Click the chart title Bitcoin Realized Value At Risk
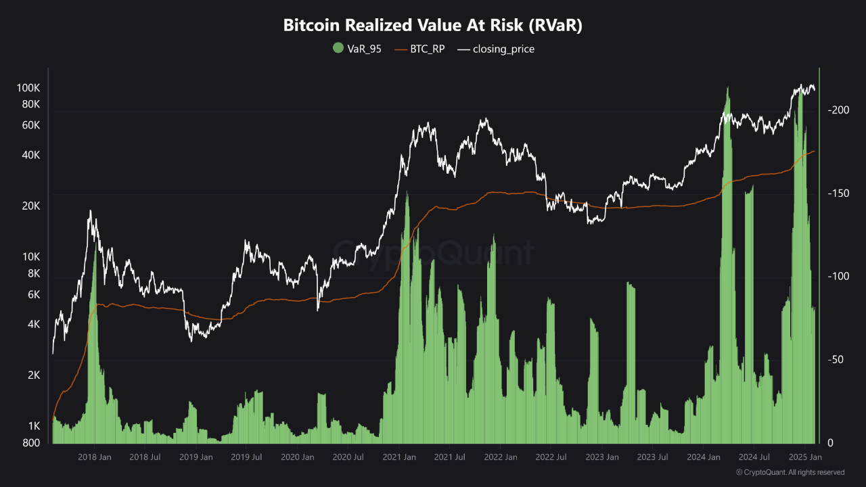coord(433,26)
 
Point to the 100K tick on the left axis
coord(29,88)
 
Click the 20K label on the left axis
coord(32,206)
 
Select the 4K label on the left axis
coord(34,325)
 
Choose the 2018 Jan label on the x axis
coord(95,458)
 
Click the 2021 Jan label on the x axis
coord(399,458)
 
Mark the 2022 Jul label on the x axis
coord(551,458)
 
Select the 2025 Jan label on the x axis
coord(806,458)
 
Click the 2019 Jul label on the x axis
coord(247,458)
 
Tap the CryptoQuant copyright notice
coord(790,472)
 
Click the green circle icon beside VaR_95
coord(338,49)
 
